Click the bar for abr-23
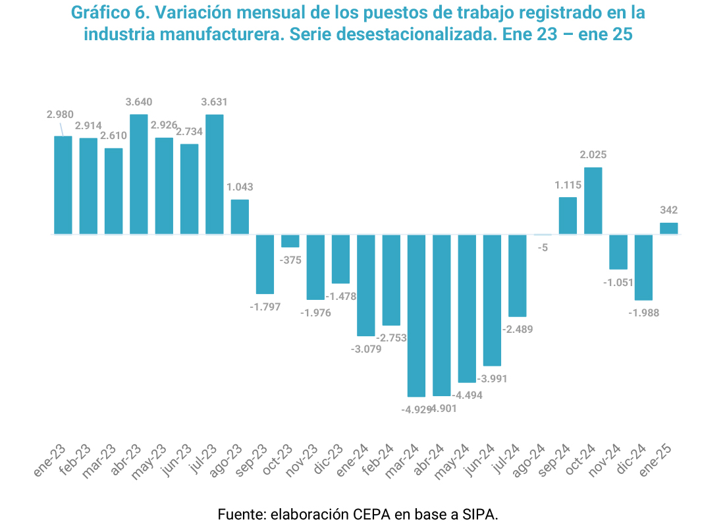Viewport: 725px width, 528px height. pos(138,174)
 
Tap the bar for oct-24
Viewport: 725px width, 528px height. pos(593,200)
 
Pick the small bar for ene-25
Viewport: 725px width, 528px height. pos(669,228)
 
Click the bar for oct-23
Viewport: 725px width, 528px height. pos(290,241)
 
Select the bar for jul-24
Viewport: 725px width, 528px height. pos(518,276)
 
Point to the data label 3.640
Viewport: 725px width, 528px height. pos(138,102)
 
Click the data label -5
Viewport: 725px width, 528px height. pos(543,248)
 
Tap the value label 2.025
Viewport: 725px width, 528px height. pos(593,155)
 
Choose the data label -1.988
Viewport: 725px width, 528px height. pos(643,313)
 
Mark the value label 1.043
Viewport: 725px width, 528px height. pos(240,187)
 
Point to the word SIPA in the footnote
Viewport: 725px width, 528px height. pos(479,515)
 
